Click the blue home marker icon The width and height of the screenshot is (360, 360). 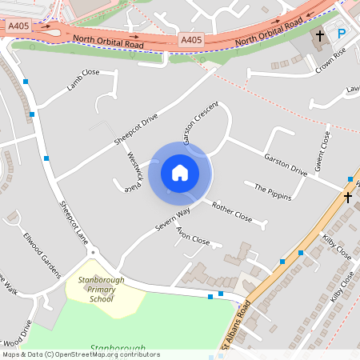pyautogui.click(x=180, y=172)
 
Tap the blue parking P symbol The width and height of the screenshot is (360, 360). pyautogui.click(x=342, y=34)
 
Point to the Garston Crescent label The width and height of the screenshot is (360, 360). pyautogui.click(x=200, y=123)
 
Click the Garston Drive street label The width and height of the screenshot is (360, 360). pyautogui.click(x=286, y=164)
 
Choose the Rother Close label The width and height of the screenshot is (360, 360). pyautogui.click(x=232, y=212)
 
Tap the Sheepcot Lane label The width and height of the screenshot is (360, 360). pyautogui.click(x=73, y=217)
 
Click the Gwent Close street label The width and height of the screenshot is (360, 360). pyautogui.click(x=325, y=150)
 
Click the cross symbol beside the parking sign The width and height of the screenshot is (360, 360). pyautogui.click(x=320, y=35)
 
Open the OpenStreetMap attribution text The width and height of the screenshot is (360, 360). pyautogui.click(x=80, y=354)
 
